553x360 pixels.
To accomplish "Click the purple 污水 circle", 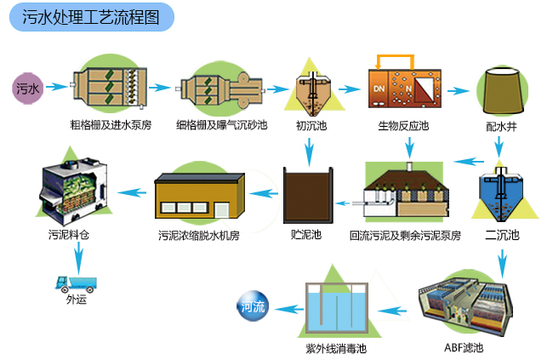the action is (27, 89).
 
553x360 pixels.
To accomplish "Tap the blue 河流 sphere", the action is (253, 306).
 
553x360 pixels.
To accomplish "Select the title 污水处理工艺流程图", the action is (91, 17).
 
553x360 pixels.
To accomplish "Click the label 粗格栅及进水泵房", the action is (111, 125).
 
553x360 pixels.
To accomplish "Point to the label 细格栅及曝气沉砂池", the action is (221, 125).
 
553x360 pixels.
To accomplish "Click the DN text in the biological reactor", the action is (379, 89).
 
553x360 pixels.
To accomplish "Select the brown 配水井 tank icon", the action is (502, 90).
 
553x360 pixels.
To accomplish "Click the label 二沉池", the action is (502, 235).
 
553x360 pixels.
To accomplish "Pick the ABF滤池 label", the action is (464, 347).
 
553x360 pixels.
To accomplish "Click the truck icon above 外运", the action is (76, 284).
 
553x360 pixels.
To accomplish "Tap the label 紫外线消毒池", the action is (336, 349).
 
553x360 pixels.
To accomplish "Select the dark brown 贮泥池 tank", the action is (308, 195).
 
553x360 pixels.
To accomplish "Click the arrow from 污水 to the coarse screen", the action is (56, 87).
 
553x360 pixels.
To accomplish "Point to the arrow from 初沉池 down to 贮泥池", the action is (310, 151).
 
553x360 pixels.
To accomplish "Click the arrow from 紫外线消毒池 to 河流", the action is (289, 310).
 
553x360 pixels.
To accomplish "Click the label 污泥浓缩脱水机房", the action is (199, 236).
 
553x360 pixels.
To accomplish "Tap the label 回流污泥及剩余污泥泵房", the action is (405, 236).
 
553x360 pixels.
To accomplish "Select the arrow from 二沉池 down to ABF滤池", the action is (502, 263).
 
